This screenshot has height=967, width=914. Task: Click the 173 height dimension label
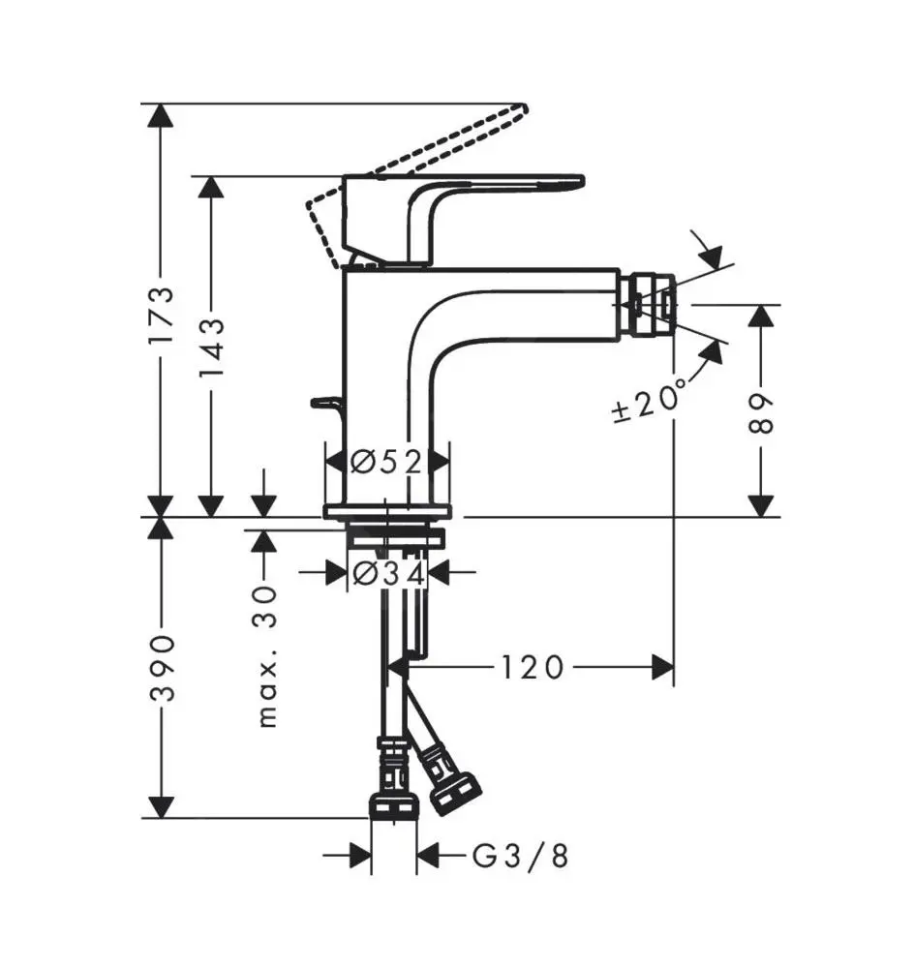(x=162, y=315)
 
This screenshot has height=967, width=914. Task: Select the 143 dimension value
(x=212, y=350)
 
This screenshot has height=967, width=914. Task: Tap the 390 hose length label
(x=162, y=668)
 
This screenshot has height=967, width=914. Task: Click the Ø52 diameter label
(x=386, y=462)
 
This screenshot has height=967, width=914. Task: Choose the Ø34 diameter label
(x=387, y=574)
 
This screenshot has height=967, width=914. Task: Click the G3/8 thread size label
(x=520, y=856)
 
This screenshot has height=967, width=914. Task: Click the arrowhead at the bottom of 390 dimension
(x=162, y=805)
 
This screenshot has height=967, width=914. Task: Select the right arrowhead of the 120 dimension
(x=662, y=668)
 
